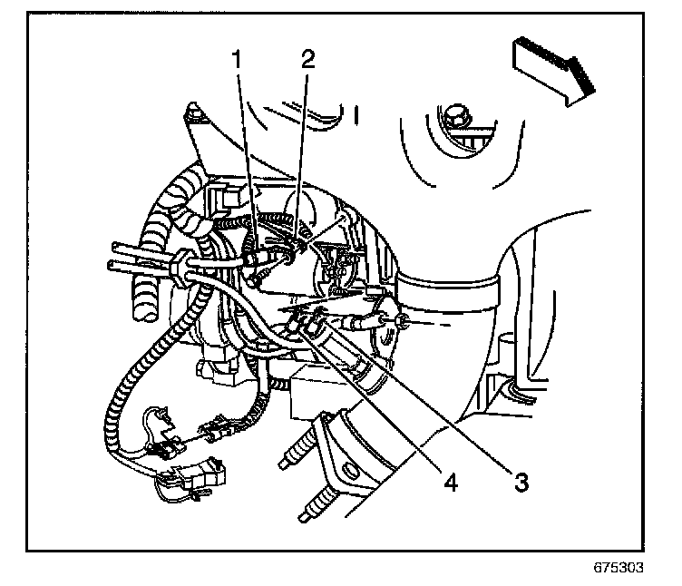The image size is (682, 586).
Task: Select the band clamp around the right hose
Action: (x=448, y=296)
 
